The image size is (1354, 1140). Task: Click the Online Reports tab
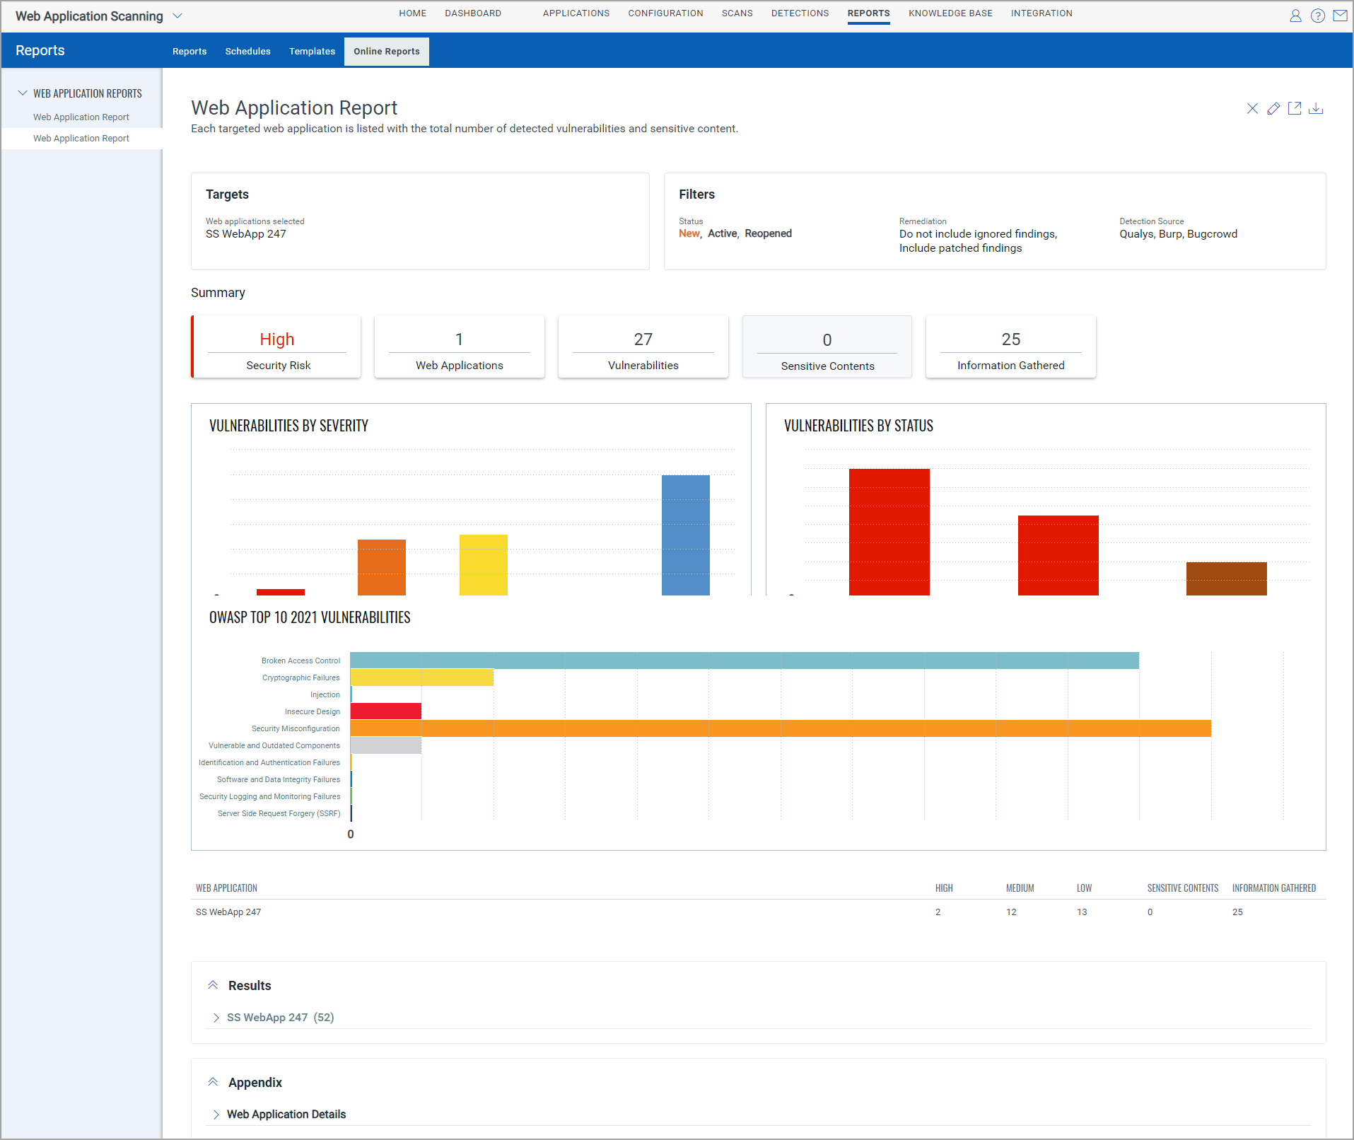[386, 52]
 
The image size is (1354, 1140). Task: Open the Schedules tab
[247, 52]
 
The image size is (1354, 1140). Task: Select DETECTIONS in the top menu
[800, 13]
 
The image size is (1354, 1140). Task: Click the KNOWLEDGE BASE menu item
[950, 13]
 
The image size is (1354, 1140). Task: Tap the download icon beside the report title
[1315, 109]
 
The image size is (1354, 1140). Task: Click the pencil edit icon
[1273, 109]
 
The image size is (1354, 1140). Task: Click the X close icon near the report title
[1251, 109]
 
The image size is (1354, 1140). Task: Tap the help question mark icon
[1317, 16]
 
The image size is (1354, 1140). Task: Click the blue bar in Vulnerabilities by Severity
[685, 535]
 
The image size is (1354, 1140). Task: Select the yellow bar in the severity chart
[483, 564]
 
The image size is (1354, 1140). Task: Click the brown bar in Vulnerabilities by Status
[1226, 578]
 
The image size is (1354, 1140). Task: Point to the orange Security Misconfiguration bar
[780, 728]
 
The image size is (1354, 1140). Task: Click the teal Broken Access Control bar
[744, 661]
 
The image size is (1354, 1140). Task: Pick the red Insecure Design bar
[386, 711]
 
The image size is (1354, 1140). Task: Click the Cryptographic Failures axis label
[300, 677]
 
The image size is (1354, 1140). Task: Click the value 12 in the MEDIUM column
[1011, 912]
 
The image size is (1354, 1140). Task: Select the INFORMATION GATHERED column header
[1273, 888]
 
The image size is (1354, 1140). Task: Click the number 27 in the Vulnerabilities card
[643, 339]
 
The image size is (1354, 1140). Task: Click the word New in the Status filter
[689, 234]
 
